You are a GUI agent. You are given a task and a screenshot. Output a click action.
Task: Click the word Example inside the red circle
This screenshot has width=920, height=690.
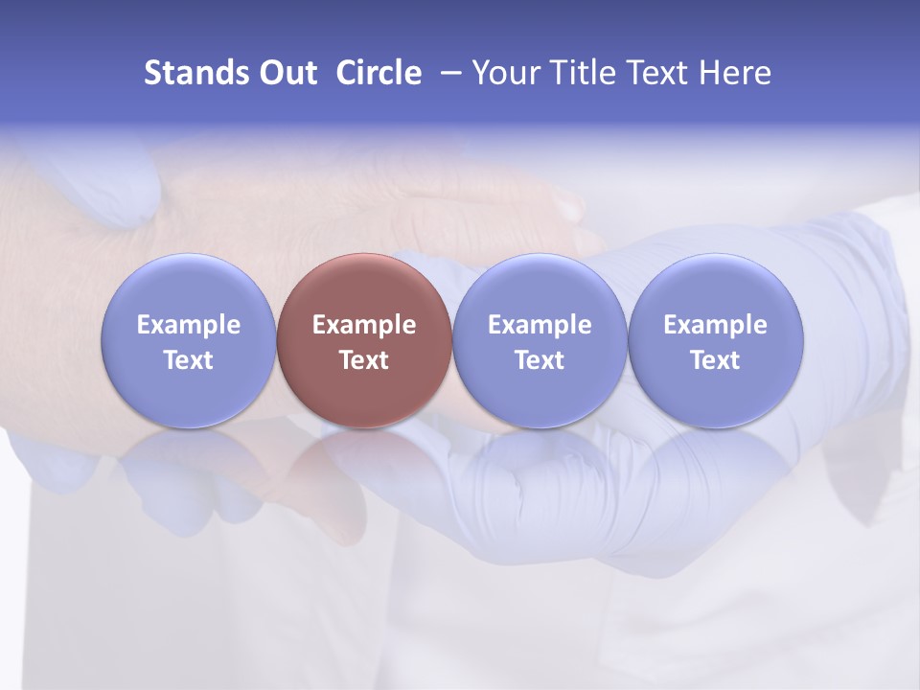coord(364,325)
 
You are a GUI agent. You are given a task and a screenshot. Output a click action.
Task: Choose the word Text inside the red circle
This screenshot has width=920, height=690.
coord(364,360)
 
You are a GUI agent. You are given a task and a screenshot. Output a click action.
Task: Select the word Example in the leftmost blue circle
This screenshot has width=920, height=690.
coord(189,325)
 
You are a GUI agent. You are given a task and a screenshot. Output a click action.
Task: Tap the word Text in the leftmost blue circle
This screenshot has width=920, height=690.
coord(189,360)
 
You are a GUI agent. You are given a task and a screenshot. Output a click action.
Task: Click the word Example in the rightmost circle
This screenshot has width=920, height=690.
coord(715,325)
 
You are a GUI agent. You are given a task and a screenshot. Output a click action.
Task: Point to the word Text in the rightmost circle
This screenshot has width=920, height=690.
coord(715,360)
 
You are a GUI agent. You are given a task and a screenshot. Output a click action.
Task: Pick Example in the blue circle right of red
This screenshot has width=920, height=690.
coord(540,325)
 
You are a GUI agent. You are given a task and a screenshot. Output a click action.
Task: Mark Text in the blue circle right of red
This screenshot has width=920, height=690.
coord(540,360)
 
